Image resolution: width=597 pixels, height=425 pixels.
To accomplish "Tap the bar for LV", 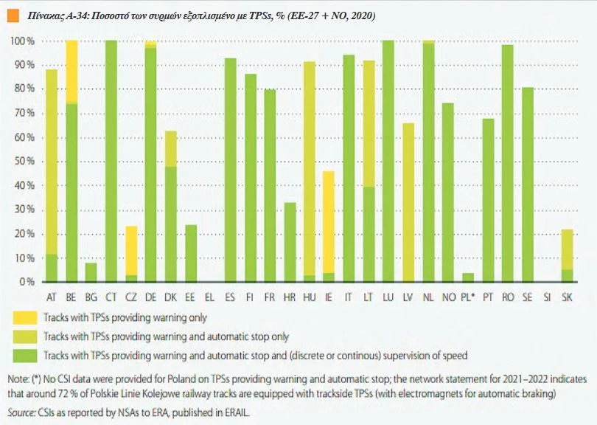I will coord(408,202).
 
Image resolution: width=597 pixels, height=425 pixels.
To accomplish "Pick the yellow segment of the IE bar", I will coord(329,221).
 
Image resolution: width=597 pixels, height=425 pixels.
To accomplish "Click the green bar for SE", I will coord(528,184).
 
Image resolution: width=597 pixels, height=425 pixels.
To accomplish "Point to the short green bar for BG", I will coord(91,272).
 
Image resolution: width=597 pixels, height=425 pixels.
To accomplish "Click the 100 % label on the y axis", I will coord(23,41).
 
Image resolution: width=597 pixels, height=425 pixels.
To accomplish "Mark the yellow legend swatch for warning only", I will coord(24,318).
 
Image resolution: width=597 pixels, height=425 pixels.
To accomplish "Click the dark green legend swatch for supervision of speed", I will coord(24,355).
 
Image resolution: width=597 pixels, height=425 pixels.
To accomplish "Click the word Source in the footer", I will coord(19,412).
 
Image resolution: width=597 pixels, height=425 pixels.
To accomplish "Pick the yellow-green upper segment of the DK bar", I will coord(170,148).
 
